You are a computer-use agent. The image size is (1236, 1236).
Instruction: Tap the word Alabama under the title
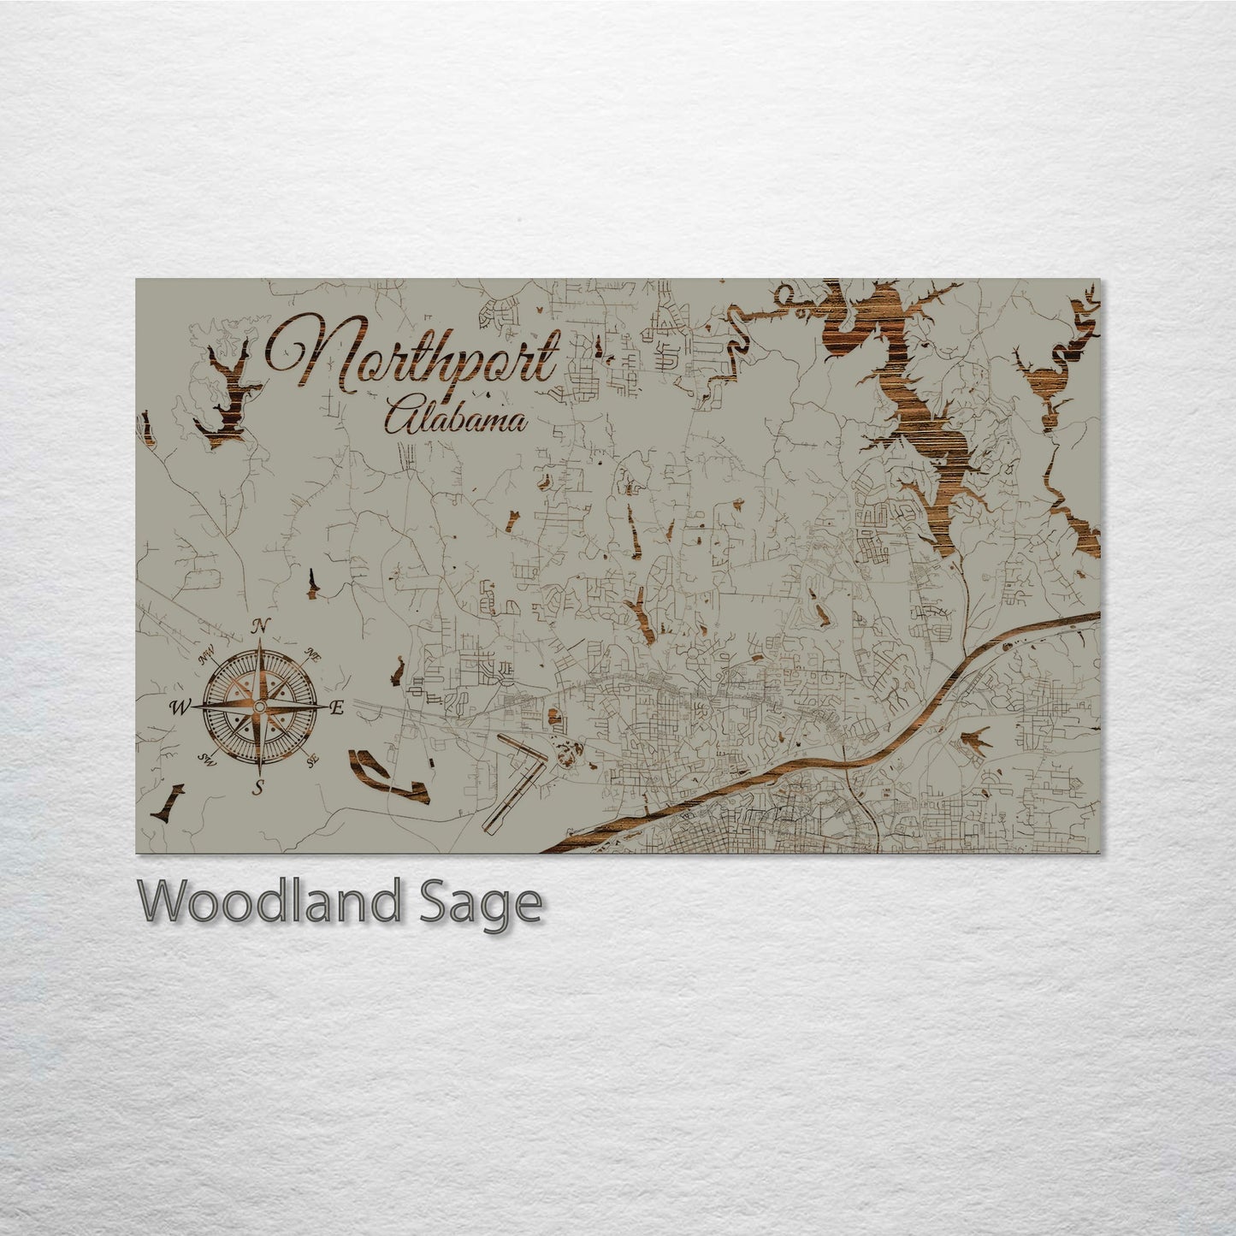pyautogui.click(x=454, y=418)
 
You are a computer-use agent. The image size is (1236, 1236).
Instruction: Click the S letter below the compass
pyautogui.click(x=257, y=788)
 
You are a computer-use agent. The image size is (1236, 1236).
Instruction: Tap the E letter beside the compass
pyautogui.click(x=336, y=707)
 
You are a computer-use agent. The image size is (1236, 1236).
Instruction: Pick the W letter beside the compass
pyautogui.click(x=180, y=707)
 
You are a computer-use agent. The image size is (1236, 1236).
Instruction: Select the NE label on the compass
pyautogui.click(x=312, y=656)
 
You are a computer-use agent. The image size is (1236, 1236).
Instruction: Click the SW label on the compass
pyautogui.click(x=206, y=758)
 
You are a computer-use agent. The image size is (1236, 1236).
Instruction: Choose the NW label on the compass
pyautogui.click(x=206, y=658)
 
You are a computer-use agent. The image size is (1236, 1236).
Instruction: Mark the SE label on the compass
pyautogui.click(x=312, y=758)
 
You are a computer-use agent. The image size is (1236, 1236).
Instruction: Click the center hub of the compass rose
pyautogui.click(x=259, y=707)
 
